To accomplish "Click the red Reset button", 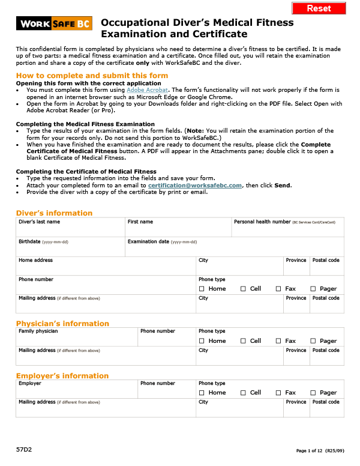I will click(x=319, y=8).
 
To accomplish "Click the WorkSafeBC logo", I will click(x=53, y=24).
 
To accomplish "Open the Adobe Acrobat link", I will click(x=143, y=89).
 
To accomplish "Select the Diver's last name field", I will click(x=70, y=230).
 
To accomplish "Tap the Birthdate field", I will click(x=70, y=249).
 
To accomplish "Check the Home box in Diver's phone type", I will click(x=202, y=289).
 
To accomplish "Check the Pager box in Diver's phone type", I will click(x=313, y=289).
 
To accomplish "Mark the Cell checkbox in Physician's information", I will click(x=243, y=341).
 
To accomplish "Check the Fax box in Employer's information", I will click(x=278, y=393).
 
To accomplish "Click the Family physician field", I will click(x=77, y=339).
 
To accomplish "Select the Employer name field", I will click(x=77, y=392).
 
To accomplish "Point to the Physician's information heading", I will click(x=62, y=324).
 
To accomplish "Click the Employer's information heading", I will click(x=62, y=376).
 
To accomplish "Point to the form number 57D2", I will click(x=23, y=449).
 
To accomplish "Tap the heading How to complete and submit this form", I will click(x=92, y=75).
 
